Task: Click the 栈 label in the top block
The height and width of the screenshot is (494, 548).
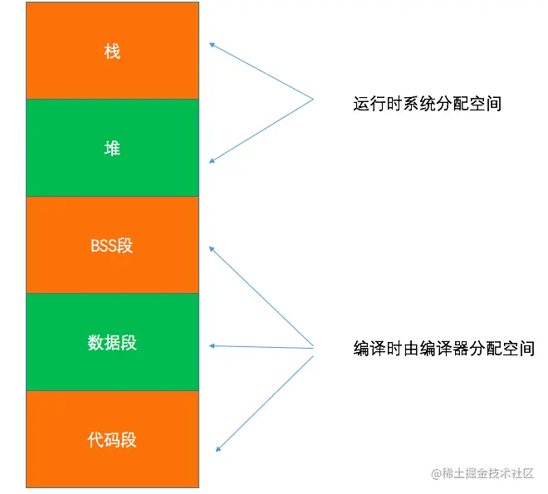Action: click(112, 51)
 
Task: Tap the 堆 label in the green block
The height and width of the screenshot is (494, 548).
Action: click(112, 149)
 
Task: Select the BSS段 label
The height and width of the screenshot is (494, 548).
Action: click(112, 246)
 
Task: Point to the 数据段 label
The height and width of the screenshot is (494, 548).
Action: click(112, 342)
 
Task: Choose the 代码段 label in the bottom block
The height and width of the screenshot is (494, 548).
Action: click(112, 439)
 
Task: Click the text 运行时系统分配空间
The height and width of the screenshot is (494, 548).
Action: click(427, 104)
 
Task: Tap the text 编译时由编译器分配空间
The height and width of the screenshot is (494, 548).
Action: click(443, 349)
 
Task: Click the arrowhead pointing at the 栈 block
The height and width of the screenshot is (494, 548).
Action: click(212, 45)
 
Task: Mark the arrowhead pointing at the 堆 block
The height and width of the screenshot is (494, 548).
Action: click(212, 161)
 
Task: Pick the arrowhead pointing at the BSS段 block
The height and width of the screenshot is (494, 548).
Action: click(212, 247)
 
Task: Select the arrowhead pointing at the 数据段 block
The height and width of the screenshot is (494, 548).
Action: click(213, 345)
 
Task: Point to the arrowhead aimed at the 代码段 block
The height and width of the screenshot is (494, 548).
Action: click(218, 448)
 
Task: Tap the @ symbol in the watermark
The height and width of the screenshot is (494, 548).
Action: click(434, 473)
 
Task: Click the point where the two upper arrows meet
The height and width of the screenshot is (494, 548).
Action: click(313, 100)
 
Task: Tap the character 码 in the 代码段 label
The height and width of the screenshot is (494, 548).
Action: click(112, 439)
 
